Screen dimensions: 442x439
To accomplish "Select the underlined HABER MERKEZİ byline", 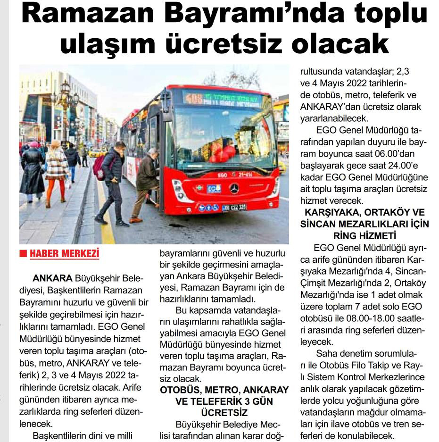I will coord(65,254).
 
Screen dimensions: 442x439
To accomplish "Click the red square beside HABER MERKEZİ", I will coord(23,254).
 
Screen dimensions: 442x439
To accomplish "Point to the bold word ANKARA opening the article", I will coord(52,277).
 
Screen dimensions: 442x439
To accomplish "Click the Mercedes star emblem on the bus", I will coord(234,188).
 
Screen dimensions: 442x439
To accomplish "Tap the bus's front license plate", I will coord(234,208).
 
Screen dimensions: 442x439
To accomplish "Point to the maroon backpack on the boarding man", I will coord(99,167).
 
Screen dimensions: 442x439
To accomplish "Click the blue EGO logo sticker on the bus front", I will coord(214,189).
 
